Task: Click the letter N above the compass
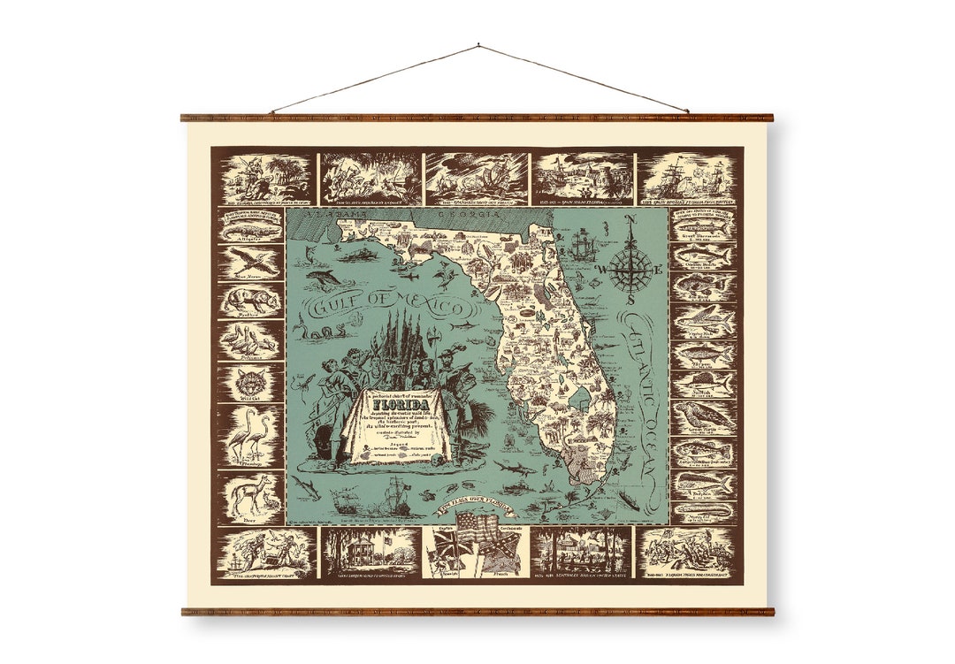pos(630,222)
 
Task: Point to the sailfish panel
pos(703,383)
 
